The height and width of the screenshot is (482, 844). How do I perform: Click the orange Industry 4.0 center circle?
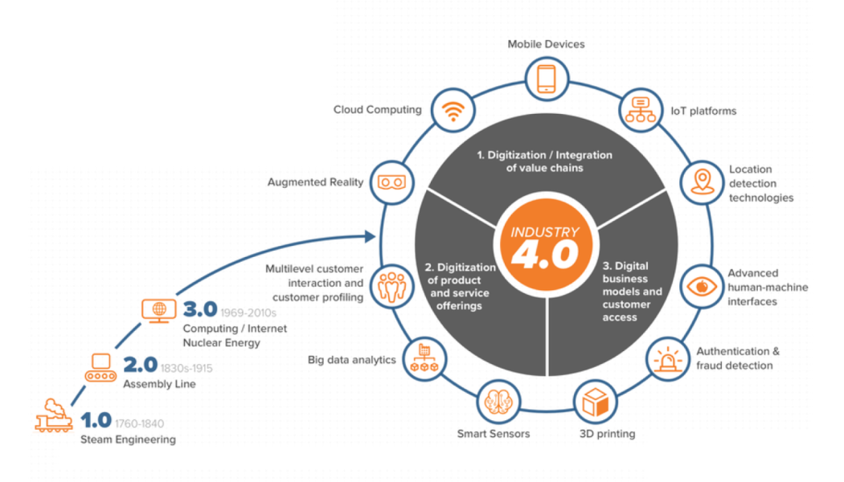coord(545,243)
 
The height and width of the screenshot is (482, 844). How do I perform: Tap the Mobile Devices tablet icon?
coord(546,80)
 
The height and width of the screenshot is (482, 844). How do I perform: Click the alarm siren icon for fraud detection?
coord(668,357)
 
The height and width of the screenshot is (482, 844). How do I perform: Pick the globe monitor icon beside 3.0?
coord(158,310)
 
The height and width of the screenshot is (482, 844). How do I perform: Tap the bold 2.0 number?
coord(139,366)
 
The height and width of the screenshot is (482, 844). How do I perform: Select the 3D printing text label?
coord(608,434)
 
